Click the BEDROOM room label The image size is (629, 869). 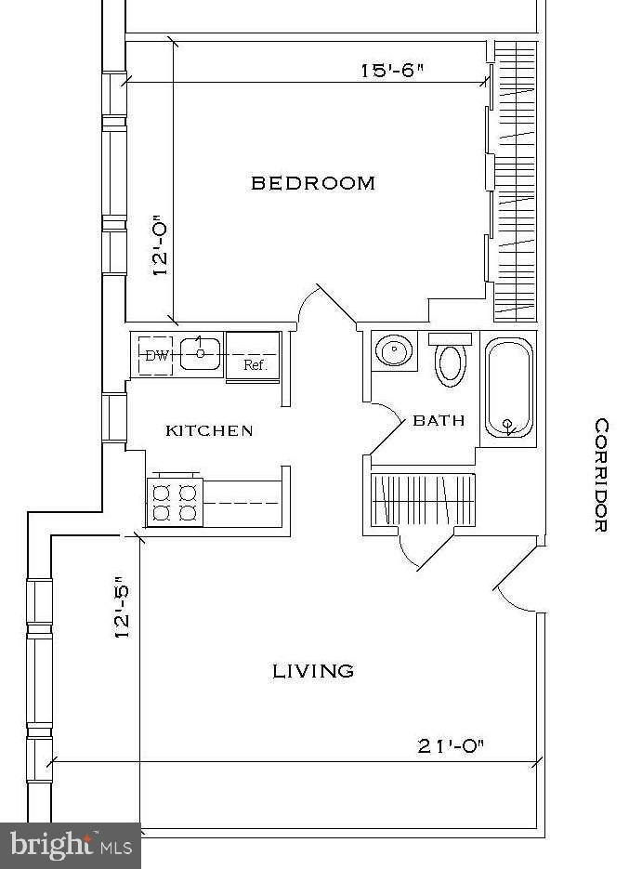point(313,183)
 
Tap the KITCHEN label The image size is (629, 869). point(209,430)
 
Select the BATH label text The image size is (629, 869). point(439,421)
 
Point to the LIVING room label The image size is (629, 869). point(313,671)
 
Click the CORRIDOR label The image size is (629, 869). point(601,475)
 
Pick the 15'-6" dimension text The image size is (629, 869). point(393,71)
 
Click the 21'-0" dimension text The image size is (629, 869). point(451,746)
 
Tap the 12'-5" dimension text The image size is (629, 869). point(123,612)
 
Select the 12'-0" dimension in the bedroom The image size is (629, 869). point(159,245)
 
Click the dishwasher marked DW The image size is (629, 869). point(155,355)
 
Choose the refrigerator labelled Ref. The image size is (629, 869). point(253,356)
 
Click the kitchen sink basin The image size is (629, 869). point(200,353)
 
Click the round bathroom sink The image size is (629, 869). point(394,350)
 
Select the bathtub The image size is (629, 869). point(509,388)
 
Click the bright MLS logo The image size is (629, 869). point(71,846)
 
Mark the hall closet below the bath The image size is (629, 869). point(423,499)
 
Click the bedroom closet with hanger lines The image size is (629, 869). point(516,180)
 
